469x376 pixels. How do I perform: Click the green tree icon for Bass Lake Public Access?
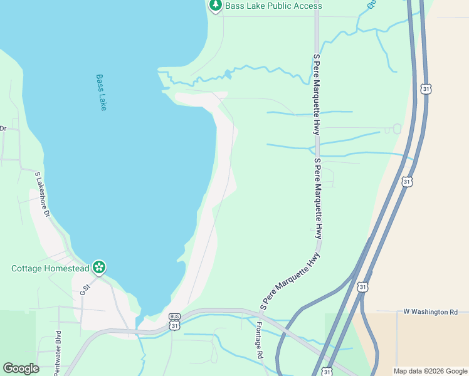tap(216, 6)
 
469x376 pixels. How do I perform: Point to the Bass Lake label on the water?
tap(102, 93)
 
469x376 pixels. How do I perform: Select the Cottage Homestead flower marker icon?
tap(98, 268)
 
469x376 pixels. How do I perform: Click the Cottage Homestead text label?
tap(50, 268)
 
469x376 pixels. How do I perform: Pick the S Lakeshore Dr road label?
tap(42, 195)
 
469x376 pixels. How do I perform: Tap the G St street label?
tap(85, 288)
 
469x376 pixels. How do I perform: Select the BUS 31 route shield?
tap(175, 321)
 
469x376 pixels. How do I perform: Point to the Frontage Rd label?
tap(260, 340)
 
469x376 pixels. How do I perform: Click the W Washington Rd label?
tap(431, 311)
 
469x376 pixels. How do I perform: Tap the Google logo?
tap(21, 368)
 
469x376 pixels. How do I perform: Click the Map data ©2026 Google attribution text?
tap(429, 371)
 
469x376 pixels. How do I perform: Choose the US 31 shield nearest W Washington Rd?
tap(362, 286)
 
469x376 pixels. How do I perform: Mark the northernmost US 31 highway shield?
tap(426, 89)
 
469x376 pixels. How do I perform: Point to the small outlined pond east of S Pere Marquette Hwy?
tap(397, 128)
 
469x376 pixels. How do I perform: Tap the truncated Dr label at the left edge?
tap(3, 128)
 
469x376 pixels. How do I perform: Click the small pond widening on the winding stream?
tap(228, 74)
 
